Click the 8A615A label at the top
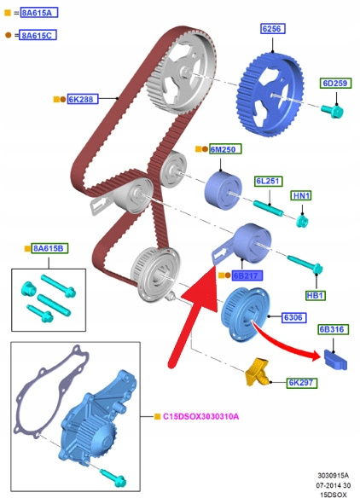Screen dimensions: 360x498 [x=39, y=13]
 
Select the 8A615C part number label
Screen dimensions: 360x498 [x=38, y=35]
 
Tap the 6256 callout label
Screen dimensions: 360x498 [x=273, y=29]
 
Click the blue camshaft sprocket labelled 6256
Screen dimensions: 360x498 [x=270, y=95]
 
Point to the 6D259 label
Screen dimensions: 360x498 [x=335, y=84]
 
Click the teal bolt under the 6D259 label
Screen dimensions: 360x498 [x=333, y=111]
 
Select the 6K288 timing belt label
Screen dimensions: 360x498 [x=82, y=99]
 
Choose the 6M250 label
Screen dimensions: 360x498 [x=225, y=149]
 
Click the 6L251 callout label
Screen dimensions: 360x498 [x=269, y=182]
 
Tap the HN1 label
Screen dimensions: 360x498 [x=301, y=195]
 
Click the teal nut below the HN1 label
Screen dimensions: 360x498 [x=302, y=220]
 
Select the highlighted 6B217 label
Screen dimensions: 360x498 [x=247, y=275]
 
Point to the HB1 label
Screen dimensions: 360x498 [x=316, y=295]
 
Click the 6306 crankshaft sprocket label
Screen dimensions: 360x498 [x=294, y=317]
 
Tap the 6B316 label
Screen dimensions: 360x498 [x=333, y=329]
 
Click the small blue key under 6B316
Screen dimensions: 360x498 [x=335, y=361]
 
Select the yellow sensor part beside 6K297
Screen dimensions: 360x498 [x=257, y=372]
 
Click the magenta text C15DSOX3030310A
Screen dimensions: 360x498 [x=200, y=416]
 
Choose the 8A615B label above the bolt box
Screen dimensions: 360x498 [x=49, y=248]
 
